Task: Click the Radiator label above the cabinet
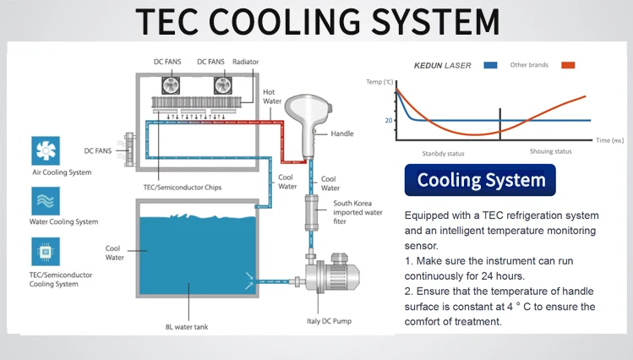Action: coord(246,62)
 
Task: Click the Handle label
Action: coord(342,134)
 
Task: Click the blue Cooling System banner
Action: coord(480,180)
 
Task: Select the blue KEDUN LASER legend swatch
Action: coord(489,65)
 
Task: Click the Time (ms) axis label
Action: coord(608,139)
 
